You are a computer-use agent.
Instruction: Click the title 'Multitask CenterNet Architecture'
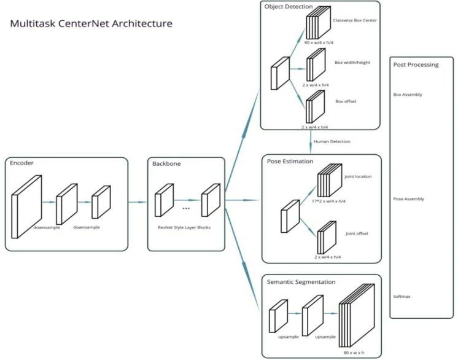91,24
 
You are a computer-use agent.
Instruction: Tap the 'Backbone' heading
166,164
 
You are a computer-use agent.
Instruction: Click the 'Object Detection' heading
289,7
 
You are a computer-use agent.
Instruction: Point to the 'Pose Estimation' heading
290,162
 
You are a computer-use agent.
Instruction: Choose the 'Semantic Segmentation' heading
301,282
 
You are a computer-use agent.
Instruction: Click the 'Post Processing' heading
416,65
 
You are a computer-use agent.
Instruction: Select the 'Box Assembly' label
408,95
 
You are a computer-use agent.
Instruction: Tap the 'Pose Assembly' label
408,199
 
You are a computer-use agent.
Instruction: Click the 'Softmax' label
402,297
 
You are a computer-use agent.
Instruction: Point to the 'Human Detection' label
332,142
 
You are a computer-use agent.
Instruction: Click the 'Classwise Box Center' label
355,20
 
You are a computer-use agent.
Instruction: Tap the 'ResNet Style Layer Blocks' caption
184,227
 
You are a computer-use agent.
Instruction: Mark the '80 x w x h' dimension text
354,353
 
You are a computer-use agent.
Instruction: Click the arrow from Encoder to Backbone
138,202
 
